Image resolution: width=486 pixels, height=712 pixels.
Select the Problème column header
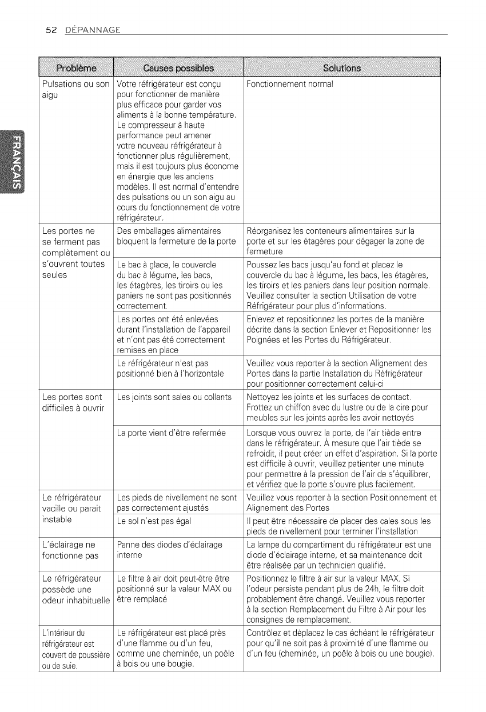coord(75,70)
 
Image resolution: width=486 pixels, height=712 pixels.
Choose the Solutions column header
coord(341,70)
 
